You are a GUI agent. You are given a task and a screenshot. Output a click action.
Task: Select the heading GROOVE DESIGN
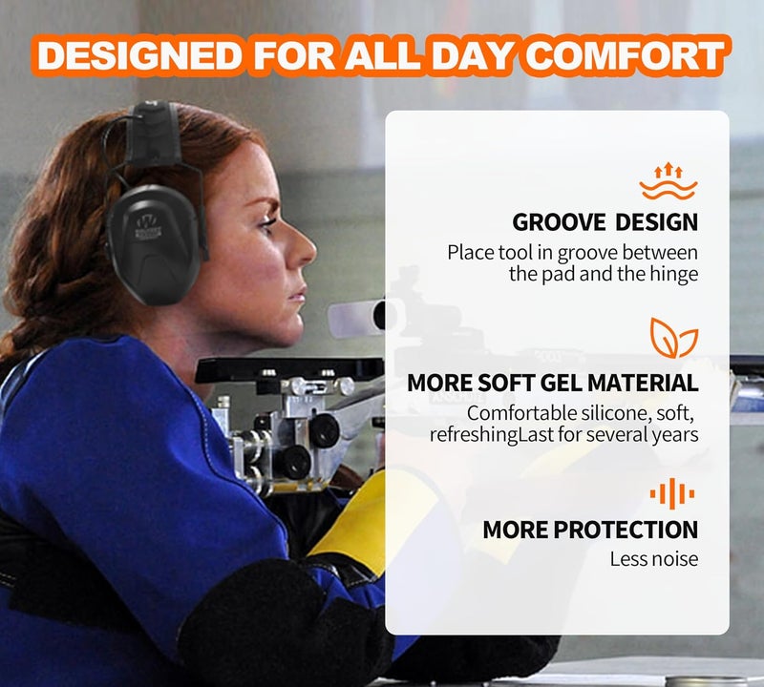605,222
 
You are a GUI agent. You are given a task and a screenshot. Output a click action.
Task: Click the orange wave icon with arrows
668,181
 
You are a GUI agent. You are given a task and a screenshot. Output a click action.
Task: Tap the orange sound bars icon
672,493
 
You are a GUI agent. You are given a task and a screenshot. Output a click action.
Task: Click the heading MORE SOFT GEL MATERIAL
553,384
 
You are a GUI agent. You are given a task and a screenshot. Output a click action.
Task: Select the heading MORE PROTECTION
590,530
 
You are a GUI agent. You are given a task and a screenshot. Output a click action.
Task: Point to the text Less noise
654,559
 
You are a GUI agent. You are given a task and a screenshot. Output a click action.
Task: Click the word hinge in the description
675,275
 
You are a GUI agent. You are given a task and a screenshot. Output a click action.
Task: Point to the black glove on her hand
277,620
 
